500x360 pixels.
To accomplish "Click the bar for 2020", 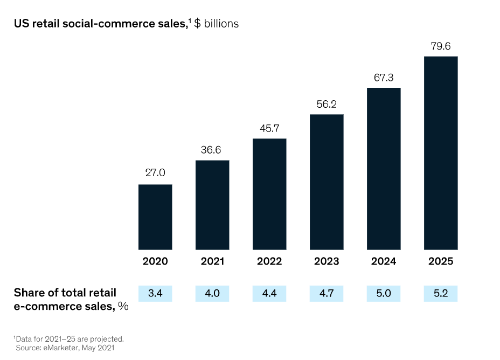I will pos(155,217).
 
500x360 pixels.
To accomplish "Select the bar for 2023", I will pos(327,182).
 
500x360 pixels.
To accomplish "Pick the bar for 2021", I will pos(212,205).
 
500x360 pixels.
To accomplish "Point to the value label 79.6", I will pos(441,46).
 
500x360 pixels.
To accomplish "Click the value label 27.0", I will pos(155,173).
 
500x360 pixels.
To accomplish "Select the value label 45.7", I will pos(269,129).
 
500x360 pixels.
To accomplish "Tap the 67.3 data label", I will pos(384,78).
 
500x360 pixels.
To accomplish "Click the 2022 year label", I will pos(269,261).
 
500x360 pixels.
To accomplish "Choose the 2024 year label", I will pos(384,261).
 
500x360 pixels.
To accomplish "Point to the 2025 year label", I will pos(441,261).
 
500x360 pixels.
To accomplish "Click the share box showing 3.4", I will pos(155,293).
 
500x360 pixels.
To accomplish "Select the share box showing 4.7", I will pos(327,293).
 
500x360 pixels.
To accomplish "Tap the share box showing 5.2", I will pos(441,293).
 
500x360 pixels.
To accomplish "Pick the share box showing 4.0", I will pos(212,293).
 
